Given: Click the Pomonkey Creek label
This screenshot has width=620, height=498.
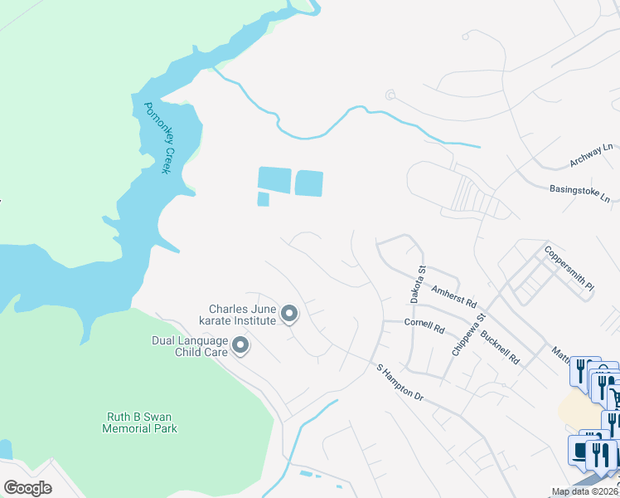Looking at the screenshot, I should click(157, 138).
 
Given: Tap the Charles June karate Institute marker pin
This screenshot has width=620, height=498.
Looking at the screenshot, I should click(289, 314).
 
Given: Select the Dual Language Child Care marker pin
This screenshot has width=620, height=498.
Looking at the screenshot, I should click(240, 345).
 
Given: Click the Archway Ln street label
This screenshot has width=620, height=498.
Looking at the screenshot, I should click(593, 156).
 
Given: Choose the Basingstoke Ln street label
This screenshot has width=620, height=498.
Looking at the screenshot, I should click(579, 193).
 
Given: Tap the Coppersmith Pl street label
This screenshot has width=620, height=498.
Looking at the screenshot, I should click(569, 267).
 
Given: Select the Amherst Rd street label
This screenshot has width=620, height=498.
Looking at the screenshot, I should click(453, 295).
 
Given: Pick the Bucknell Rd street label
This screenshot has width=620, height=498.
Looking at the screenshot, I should click(503, 348).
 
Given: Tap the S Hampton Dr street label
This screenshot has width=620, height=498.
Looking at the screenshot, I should click(400, 383).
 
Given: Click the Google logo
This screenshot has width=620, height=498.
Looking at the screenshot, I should click(27, 488).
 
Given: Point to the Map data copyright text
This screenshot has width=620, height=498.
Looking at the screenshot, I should click(585, 491).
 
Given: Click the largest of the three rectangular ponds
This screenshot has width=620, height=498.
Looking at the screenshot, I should click(274, 179).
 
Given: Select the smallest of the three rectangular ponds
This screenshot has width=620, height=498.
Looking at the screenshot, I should click(264, 199).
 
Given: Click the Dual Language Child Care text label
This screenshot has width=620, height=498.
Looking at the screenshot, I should click(189, 345).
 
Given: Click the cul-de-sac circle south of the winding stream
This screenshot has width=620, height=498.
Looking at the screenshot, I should click(390, 95).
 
